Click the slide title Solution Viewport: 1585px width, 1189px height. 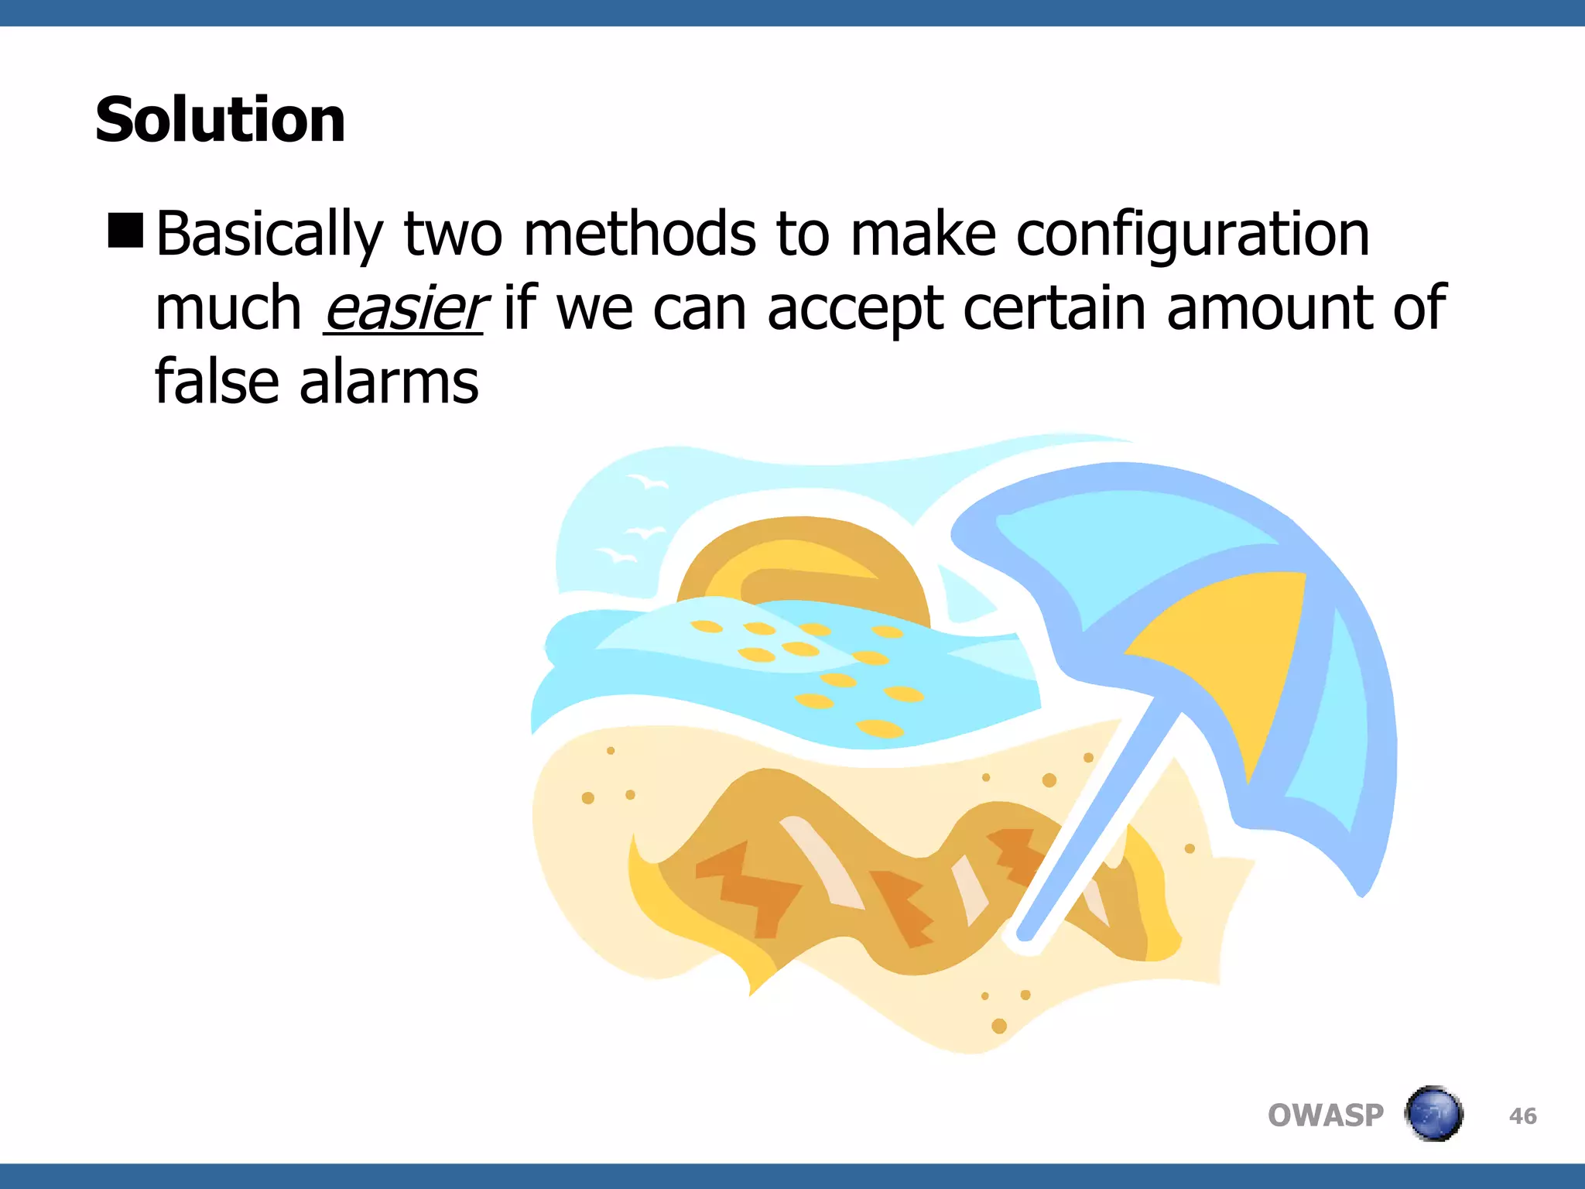[221, 120]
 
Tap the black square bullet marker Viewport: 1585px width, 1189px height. [126, 231]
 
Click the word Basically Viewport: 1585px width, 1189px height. [269, 234]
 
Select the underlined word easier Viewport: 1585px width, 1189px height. [404, 308]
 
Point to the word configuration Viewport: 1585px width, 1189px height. [1193, 234]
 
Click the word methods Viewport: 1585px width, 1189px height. [639, 234]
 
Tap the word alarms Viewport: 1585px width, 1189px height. [389, 382]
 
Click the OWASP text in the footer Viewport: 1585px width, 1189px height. [1325, 1115]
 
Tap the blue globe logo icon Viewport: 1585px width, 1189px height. [1433, 1114]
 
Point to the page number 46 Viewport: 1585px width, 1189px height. [1522, 1116]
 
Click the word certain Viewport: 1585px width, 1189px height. [1055, 308]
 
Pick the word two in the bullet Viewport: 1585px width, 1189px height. [453, 234]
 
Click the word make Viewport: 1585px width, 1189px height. [923, 234]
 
